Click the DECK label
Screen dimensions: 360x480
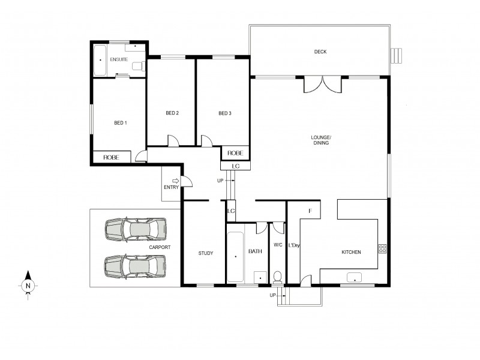pyautogui.click(x=320, y=52)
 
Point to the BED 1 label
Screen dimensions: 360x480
pyautogui.click(x=121, y=123)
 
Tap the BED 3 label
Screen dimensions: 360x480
pyautogui.click(x=224, y=113)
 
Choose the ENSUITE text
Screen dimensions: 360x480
pyautogui.click(x=118, y=60)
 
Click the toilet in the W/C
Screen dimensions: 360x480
pyautogui.click(x=278, y=277)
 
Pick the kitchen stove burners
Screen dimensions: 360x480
pyautogui.click(x=382, y=248)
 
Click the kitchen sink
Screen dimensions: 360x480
pyautogui.click(x=355, y=277)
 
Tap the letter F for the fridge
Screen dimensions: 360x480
pyautogui.click(x=310, y=211)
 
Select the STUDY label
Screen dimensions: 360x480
pyautogui.click(x=205, y=253)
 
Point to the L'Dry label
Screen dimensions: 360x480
pyautogui.click(x=294, y=245)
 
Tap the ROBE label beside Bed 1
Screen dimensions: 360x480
pyautogui.click(x=111, y=157)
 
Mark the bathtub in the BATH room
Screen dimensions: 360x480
pyautogui.click(x=235, y=256)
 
